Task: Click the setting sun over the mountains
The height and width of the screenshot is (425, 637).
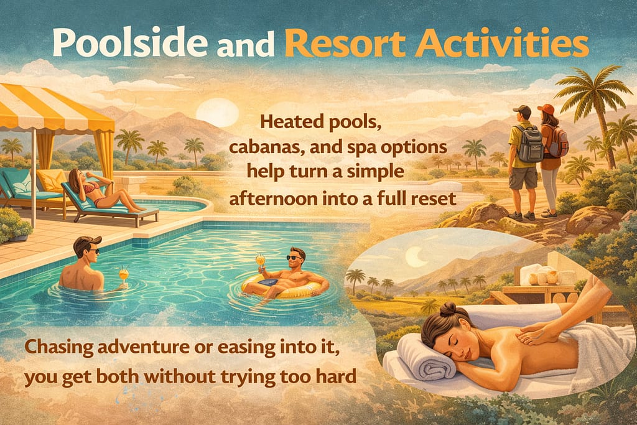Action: [216, 112]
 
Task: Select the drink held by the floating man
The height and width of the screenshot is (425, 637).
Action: [260, 261]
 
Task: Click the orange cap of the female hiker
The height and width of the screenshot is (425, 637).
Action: [546, 110]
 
